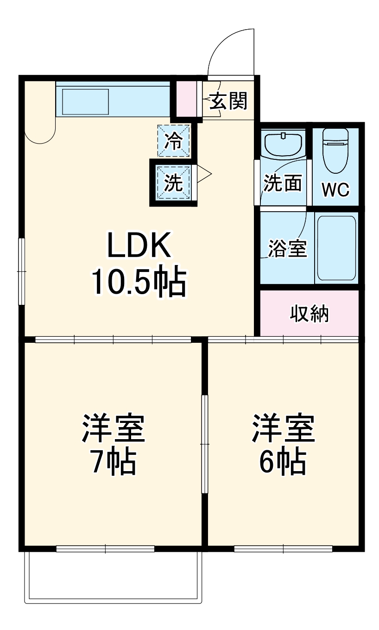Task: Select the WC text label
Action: pos(335,189)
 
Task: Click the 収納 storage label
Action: pos(310,314)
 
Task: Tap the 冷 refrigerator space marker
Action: pos(174,140)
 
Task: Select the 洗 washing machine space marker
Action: pos(174,183)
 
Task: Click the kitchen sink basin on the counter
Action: pos(85,101)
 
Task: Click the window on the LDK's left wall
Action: pos(21,271)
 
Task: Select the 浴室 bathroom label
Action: pos(288,249)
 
